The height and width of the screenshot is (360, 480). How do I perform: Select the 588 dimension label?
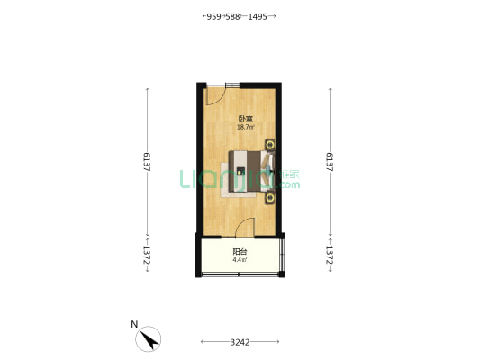(233, 16)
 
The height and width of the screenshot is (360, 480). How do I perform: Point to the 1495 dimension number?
(257, 16)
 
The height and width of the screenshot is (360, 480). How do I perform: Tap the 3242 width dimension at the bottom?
(240, 342)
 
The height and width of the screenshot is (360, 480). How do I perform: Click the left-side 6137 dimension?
(146, 162)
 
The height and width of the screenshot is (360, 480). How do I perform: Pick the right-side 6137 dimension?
(331, 162)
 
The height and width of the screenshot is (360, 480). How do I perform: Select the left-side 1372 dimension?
(146, 254)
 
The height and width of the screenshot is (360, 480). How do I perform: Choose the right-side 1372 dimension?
(331, 254)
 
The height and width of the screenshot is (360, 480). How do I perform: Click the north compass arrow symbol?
(149, 340)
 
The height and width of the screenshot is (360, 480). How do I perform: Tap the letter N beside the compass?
(133, 324)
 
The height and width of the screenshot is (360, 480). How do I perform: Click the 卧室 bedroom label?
(244, 119)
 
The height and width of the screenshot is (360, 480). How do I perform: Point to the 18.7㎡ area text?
(244, 128)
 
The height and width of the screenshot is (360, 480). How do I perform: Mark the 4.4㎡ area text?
(240, 260)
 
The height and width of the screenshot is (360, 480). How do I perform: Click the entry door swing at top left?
(214, 94)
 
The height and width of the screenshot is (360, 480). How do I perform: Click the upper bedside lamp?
(268, 142)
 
